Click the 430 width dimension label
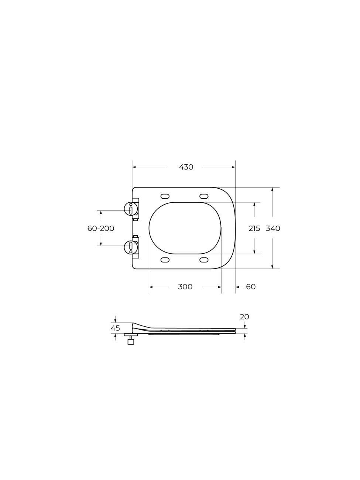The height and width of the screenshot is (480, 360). coord(186,167)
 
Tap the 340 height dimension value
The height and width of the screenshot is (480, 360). coord(273,228)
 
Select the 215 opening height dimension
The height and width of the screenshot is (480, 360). coord(254,228)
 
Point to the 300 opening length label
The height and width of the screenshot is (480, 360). coord(185,287)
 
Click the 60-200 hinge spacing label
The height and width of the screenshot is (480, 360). coord(101,228)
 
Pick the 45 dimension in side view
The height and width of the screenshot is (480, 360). coord(115,328)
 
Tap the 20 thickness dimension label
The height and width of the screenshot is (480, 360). coord(244,317)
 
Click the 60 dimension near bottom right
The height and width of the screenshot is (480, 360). coord(251,287)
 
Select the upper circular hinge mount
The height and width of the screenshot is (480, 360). coord(131,209)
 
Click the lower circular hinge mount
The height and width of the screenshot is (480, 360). coord(131,247)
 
